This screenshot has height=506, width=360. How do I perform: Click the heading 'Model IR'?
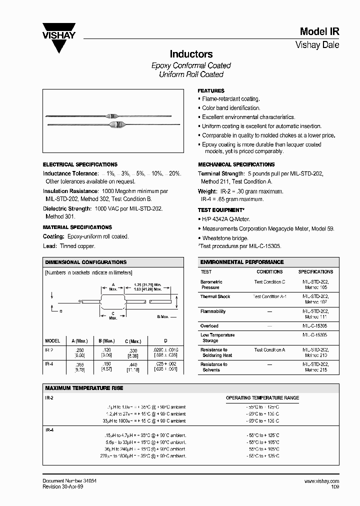point(319,31)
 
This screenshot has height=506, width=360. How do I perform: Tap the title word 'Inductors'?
point(191,54)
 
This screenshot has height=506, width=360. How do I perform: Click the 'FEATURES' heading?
point(211,91)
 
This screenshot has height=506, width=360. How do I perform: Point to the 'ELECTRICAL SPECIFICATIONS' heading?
point(80,164)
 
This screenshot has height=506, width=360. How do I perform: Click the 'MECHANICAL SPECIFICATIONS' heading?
point(236,164)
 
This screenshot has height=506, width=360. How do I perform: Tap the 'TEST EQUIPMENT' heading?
point(221,210)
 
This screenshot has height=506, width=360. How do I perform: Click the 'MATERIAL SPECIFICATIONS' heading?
point(77,227)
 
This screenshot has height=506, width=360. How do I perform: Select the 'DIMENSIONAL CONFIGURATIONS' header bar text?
point(85,262)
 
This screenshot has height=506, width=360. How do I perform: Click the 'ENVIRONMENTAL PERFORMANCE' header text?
point(241,262)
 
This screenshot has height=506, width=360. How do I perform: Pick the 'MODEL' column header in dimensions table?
point(52,341)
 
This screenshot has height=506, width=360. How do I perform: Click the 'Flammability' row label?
point(213,311)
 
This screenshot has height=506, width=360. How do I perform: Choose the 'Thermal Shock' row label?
point(215,296)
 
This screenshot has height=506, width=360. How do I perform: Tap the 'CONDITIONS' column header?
point(269,272)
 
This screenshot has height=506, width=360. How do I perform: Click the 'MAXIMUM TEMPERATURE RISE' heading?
point(84,388)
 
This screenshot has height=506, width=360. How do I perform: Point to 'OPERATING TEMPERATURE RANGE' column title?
point(262,398)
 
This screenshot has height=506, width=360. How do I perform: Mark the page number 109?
point(334,486)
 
